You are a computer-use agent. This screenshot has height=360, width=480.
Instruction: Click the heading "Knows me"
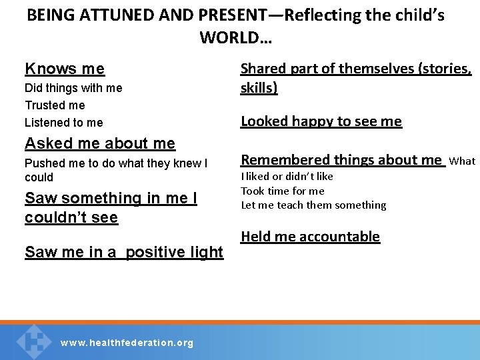(65, 69)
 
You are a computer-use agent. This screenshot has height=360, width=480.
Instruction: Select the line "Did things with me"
(73, 88)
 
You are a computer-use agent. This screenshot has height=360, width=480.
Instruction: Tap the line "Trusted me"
(55, 105)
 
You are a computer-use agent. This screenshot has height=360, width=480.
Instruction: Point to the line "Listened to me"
(64, 123)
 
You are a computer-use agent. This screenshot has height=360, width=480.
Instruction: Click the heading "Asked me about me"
(100, 143)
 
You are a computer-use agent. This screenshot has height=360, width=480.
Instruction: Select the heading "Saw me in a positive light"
(124, 252)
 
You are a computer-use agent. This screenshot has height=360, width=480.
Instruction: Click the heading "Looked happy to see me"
(321, 121)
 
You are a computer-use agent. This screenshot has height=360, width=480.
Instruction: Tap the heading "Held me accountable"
(310, 237)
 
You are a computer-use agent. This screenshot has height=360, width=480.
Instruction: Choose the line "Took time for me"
(283, 191)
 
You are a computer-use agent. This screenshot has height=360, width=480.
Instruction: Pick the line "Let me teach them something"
(313, 205)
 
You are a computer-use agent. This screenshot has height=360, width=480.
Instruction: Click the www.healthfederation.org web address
(127, 343)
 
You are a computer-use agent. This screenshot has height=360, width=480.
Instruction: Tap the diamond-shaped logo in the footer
(33, 340)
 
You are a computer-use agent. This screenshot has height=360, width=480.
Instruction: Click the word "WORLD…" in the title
(235, 38)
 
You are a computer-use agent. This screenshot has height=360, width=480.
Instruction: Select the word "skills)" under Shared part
(259, 87)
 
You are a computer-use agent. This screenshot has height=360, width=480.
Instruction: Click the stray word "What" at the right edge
(462, 161)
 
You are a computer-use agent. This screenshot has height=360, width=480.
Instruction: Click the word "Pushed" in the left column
(44, 163)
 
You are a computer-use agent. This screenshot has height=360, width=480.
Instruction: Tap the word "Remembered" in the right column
(281, 160)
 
